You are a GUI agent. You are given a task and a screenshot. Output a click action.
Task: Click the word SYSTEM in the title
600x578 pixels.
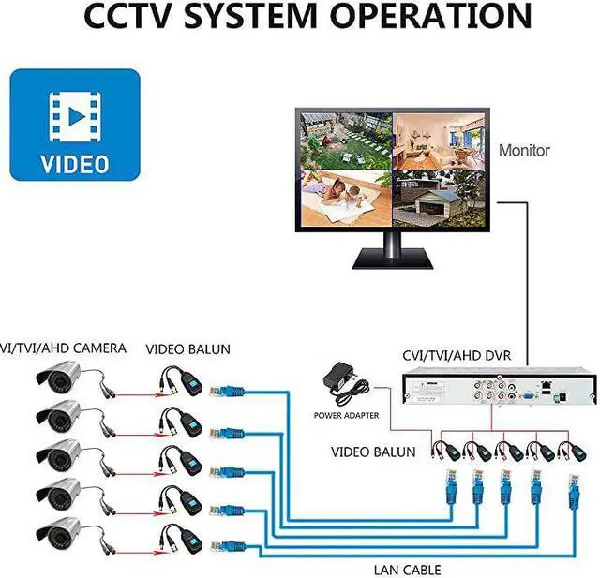250,16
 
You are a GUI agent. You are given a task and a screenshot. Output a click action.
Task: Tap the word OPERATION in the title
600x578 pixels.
431,16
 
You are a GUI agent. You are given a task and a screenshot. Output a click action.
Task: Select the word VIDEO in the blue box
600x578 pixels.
75,164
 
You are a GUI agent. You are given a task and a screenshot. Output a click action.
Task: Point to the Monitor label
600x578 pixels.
524,150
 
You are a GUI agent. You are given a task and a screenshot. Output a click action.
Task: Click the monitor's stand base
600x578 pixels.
393,259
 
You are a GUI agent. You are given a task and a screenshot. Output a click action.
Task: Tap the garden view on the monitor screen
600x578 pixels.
346,141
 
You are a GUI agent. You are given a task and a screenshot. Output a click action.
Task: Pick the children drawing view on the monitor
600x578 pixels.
346,199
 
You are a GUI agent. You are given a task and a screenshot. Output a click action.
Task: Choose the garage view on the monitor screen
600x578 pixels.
439,199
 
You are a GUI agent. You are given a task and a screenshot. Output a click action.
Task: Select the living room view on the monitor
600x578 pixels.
439,141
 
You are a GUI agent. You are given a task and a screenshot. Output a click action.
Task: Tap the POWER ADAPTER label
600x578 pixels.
346,416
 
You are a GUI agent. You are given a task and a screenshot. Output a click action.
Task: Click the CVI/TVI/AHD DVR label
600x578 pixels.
457,356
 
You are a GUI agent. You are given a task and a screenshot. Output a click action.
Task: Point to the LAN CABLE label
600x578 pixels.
407,570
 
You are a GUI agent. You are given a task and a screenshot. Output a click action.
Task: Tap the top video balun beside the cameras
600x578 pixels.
181,380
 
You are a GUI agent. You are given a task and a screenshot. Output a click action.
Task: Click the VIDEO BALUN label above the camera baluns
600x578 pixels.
187,349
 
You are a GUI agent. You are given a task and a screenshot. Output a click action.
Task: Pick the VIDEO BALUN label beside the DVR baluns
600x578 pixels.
373,452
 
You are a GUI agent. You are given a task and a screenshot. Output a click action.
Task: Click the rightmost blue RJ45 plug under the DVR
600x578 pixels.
573,493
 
